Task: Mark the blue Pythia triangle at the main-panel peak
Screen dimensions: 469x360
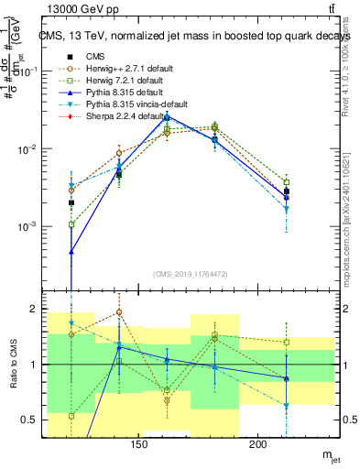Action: pos(167,116)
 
